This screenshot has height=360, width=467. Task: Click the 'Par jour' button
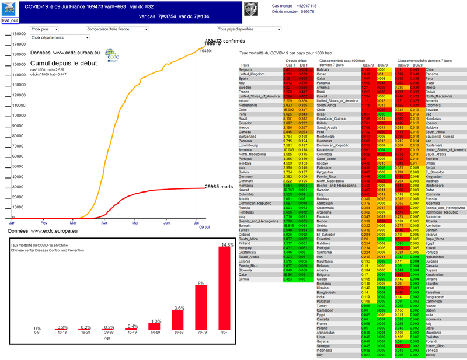tap(9, 20)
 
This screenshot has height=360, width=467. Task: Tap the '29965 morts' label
tap(218, 187)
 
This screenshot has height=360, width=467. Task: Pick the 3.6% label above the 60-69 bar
tap(179, 307)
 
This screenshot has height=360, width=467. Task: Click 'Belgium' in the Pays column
tap(245, 70)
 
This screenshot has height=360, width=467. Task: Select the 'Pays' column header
tap(245, 65)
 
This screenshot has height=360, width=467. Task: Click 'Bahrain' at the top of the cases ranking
tap(323, 70)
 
